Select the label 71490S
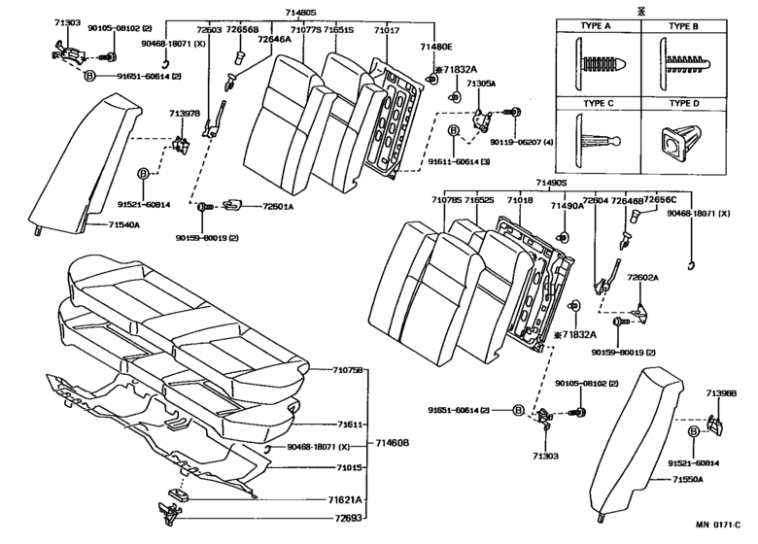(x=549, y=183)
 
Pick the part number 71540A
(x=118, y=224)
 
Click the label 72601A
(x=277, y=206)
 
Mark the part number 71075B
(x=347, y=370)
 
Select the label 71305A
(x=483, y=85)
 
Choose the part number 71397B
(x=183, y=114)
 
